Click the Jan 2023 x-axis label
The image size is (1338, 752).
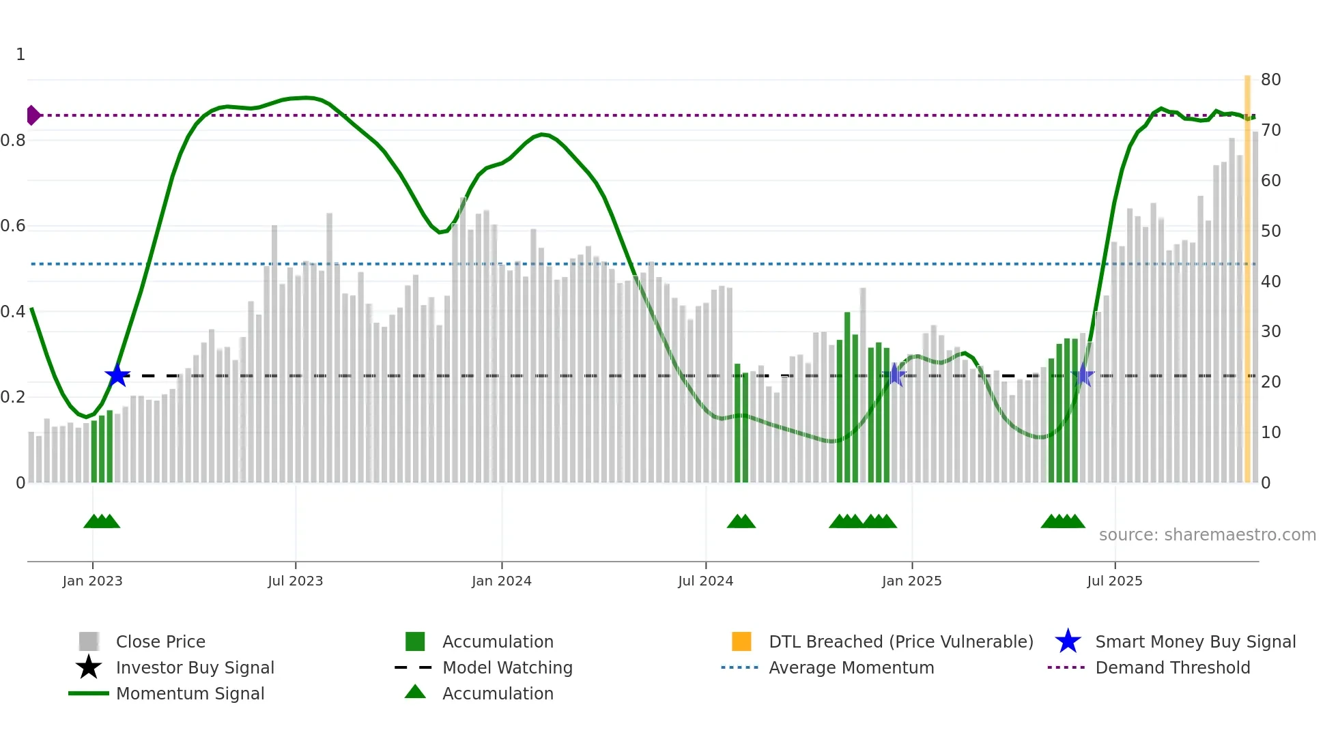click(92, 581)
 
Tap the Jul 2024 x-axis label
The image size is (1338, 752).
click(705, 581)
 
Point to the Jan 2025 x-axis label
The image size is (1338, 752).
click(911, 581)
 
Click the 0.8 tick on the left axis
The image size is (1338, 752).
click(13, 141)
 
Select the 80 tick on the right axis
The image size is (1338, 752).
click(1270, 80)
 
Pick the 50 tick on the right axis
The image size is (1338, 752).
click(1270, 231)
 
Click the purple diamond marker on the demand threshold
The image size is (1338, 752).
click(33, 115)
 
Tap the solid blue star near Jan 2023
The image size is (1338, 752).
click(117, 375)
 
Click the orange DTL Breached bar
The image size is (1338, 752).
click(1247, 280)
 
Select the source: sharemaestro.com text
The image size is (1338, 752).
click(1207, 535)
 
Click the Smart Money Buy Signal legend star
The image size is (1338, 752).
click(1068, 641)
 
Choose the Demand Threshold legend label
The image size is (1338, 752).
click(1172, 667)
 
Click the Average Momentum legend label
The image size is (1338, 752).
click(851, 667)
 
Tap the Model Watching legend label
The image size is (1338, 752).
click(507, 667)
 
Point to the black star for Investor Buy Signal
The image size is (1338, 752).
click(89, 667)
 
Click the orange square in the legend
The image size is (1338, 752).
click(741, 641)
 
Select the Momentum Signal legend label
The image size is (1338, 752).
click(190, 693)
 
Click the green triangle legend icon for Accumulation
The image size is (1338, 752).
click(415, 692)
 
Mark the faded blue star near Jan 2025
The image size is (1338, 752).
click(894, 375)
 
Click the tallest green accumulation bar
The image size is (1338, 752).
click(847, 397)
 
